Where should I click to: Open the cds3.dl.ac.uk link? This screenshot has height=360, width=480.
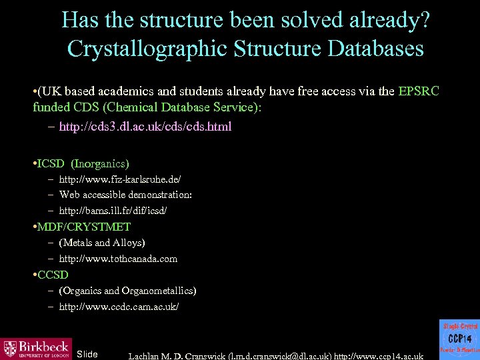point(145,127)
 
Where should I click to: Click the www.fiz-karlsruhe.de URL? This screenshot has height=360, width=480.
point(119,179)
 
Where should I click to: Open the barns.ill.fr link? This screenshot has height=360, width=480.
point(113,210)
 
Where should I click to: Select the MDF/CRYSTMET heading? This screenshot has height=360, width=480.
point(84,227)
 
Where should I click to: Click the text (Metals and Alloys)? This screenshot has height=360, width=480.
point(101,243)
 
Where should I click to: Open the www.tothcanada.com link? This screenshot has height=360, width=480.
point(118,259)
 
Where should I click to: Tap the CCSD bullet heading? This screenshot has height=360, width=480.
point(53,275)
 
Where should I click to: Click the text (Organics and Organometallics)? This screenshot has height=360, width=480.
point(127,291)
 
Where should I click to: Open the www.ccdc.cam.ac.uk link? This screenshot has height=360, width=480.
point(119,307)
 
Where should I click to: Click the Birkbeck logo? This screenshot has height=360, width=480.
point(36,348)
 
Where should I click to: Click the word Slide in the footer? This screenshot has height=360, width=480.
point(87,353)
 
